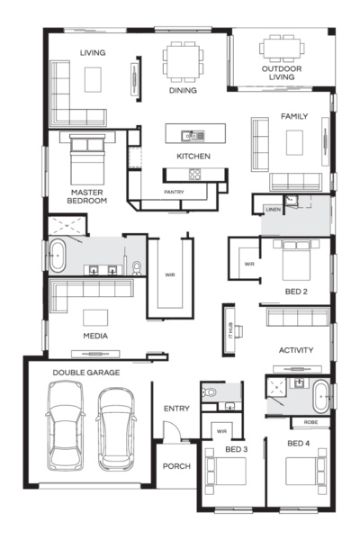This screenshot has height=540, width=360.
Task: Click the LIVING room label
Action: point(93,53)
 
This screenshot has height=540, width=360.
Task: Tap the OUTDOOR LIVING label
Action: point(282,73)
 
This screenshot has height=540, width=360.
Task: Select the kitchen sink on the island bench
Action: point(193,136)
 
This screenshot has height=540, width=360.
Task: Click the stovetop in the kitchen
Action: point(194,174)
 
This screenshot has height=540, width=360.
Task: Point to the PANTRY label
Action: point(174,192)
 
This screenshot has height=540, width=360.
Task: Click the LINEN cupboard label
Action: point(274,210)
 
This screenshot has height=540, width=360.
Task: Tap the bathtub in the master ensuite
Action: point(58,256)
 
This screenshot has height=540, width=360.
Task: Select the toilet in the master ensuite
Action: point(137,268)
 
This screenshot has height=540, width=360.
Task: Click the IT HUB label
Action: point(230,330)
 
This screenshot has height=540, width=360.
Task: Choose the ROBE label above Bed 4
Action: point(310,422)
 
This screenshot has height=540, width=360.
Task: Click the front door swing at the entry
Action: point(172,430)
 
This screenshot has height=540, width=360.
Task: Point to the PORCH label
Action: point(176,466)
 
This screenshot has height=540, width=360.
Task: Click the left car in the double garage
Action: point(65,426)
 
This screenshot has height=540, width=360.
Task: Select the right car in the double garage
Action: point(116,429)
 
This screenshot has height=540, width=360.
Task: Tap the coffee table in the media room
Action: point(95,318)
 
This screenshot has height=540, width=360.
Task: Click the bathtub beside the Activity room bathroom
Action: point(321,396)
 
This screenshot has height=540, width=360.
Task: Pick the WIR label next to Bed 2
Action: point(249,264)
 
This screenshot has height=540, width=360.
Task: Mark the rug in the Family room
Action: point(294,142)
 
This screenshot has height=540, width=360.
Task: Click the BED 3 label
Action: point(237,449)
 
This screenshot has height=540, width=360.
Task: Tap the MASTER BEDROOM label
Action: point(86,196)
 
